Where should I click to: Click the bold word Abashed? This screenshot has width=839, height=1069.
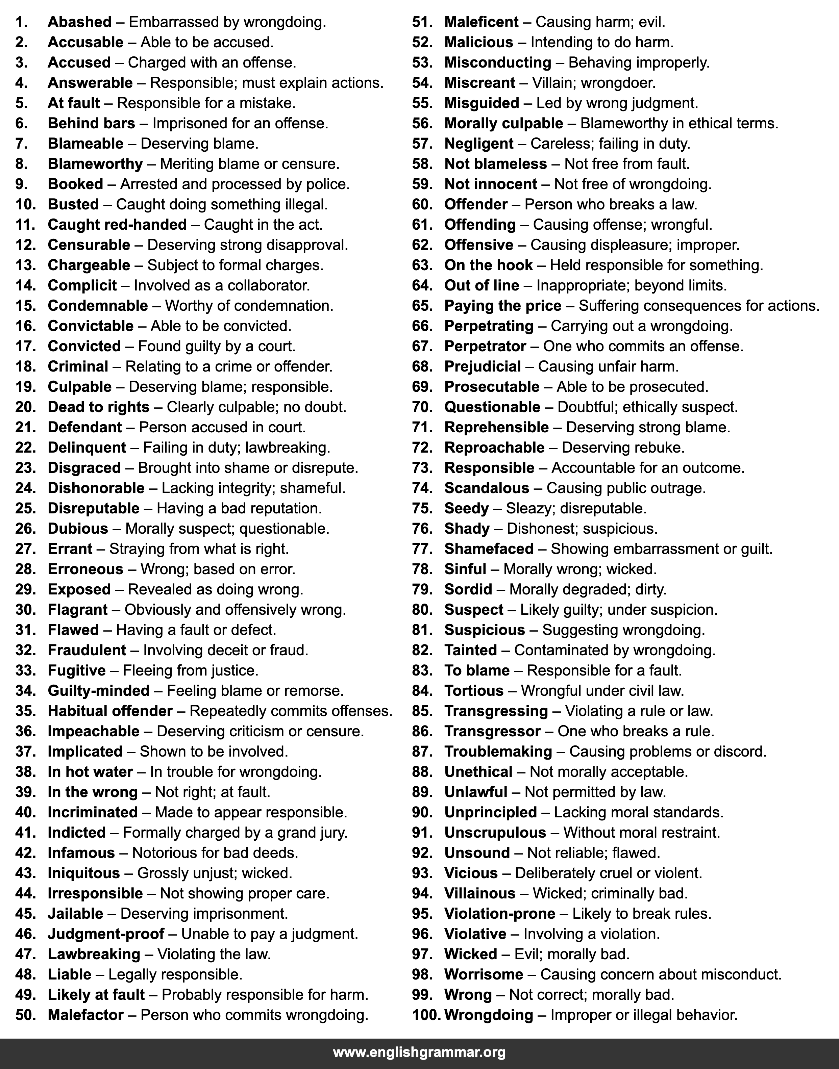point(80,22)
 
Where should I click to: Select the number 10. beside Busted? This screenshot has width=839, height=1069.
point(26,204)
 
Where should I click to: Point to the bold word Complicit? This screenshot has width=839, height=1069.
point(82,285)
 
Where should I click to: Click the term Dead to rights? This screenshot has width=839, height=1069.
point(98,407)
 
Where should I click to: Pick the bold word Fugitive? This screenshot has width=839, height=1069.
point(77,670)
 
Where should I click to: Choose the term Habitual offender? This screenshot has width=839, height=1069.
point(110,711)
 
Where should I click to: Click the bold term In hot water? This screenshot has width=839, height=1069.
point(90,772)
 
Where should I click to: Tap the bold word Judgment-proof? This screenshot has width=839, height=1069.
point(106,934)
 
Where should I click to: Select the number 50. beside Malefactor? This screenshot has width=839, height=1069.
point(26,1015)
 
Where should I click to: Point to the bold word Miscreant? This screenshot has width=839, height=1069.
point(479,83)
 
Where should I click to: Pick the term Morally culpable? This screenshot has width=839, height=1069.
point(503,123)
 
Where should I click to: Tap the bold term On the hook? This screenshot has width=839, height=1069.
point(488,265)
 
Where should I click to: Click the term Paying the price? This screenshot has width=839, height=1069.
point(502,305)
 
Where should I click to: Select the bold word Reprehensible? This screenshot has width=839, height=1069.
point(496,427)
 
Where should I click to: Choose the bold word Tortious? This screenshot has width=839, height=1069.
point(473,691)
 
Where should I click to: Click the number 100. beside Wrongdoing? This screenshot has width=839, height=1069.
point(426,1015)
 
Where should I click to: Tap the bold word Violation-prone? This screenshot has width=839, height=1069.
point(499,914)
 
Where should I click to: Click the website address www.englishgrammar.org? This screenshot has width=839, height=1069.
point(419,1053)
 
